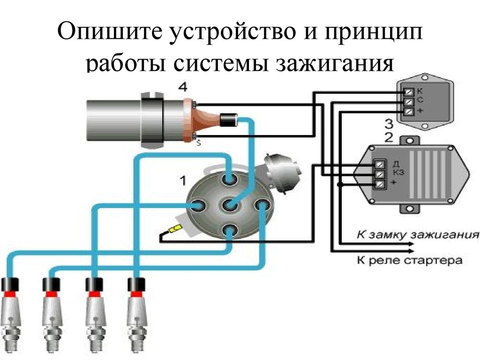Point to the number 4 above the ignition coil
[182, 87]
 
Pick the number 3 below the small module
[388, 124]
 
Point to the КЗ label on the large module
[398, 172]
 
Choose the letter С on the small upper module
[420, 100]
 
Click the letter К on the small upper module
[420, 90]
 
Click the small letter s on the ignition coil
[198, 144]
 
